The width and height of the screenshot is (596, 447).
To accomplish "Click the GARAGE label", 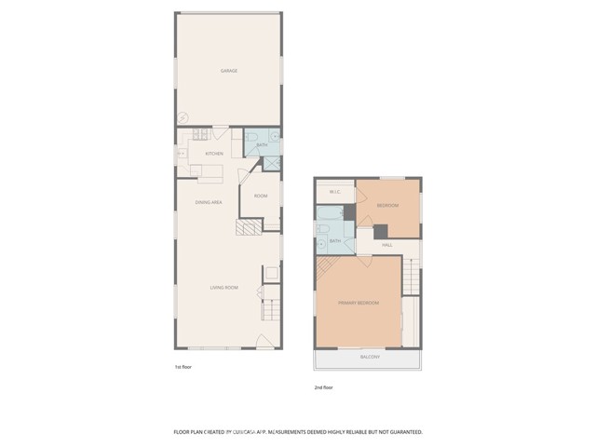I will click(228, 71).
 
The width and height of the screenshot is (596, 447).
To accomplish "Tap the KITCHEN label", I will click(214, 154).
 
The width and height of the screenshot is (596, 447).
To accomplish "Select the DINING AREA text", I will click(209, 202).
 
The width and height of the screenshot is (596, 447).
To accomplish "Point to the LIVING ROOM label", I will click(223, 288).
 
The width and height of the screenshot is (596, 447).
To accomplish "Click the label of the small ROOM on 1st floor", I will click(261, 196).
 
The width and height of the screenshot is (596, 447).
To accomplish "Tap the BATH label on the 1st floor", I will click(263, 145).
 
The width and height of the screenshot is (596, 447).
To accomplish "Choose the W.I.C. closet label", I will click(334, 193).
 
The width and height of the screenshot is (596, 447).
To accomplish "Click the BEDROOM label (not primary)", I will click(387, 205).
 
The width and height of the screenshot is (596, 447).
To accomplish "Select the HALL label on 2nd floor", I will click(387, 245).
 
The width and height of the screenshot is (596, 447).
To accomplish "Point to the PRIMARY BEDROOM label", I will click(359, 303).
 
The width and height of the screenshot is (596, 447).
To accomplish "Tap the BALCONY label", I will click(371, 358).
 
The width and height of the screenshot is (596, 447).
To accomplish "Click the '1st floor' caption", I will click(183, 368).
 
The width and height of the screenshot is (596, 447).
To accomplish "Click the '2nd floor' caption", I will click(323, 386).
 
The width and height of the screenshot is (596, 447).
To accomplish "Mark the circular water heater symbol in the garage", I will click(183, 117).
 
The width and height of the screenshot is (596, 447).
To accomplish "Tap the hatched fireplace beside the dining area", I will click(247, 230).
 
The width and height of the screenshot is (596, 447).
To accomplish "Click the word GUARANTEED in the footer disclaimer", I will click(402, 432).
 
